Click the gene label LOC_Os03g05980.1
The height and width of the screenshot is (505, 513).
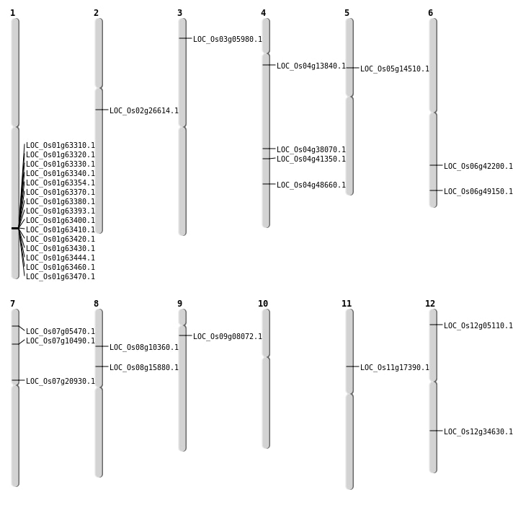pyautogui.click(x=228, y=40)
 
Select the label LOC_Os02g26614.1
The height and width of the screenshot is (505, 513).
pyautogui.click(x=144, y=111)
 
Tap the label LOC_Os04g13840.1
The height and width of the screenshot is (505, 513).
pyautogui.click(x=311, y=66)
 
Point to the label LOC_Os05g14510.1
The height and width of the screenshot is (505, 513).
pyautogui.click(x=395, y=69)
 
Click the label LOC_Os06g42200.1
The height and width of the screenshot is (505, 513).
pyautogui.click(x=478, y=167)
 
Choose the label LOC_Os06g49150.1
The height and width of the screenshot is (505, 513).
pyautogui.click(x=478, y=192)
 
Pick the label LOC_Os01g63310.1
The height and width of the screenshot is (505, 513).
pyautogui.click(x=61, y=146)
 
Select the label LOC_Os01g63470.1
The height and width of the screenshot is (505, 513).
pyautogui.click(x=61, y=277)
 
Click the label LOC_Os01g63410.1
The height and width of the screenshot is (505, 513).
pyautogui.click(x=61, y=230)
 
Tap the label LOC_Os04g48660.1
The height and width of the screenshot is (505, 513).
pyautogui.click(x=311, y=185)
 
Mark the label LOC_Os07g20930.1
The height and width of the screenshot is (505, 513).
pyautogui.click(x=61, y=382)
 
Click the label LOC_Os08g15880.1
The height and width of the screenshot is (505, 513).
pyautogui.click(x=144, y=368)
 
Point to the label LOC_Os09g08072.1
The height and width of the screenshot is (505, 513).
pyautogui.click(x=228, y=337)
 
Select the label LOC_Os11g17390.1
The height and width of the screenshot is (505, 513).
pyautogui.click(x=395, y=368)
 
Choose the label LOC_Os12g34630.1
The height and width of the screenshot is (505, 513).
pyautogui.click(x=478, y=432)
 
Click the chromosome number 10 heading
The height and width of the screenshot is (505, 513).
pyautogui.click(x=263, y=304)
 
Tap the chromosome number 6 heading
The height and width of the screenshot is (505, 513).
pyautogui.click(x=430, y=13)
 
